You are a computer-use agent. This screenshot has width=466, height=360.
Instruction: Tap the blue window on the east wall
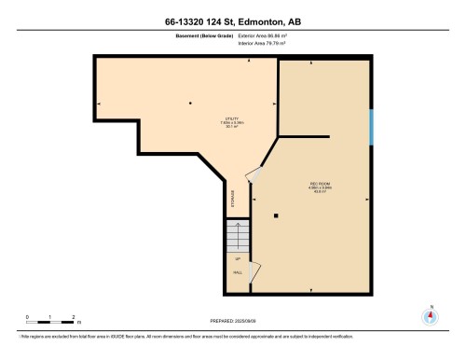[372, 127]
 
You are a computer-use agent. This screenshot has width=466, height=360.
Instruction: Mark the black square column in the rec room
[277, 216]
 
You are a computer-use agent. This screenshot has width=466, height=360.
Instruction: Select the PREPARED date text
[232, 321]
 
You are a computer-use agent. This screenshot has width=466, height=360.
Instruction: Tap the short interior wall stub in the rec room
[304, 137]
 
